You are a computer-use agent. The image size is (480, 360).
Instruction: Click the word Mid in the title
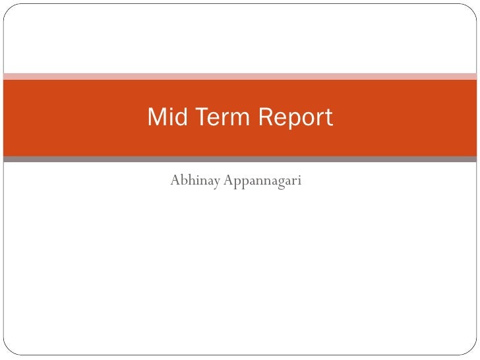164,117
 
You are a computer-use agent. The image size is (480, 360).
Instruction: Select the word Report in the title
295,119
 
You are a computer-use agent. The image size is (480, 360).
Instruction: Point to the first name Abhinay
195,180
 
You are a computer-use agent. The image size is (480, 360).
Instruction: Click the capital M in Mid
156,117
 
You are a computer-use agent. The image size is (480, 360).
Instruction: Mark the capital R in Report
264,117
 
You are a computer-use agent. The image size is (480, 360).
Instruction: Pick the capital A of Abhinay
175,179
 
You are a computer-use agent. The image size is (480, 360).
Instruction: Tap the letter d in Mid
175,117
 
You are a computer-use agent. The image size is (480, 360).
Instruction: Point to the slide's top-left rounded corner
7,7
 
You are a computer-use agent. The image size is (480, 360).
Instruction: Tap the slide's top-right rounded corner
472,7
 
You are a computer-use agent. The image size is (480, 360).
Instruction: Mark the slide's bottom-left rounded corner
7,352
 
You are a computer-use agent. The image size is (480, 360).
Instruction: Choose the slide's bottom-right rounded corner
472,352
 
